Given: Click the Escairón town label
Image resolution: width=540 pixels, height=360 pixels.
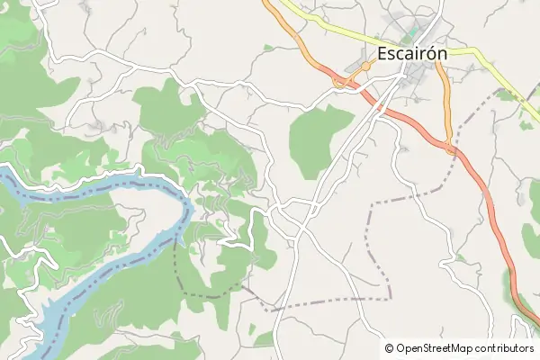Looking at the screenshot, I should (x=413, y=53).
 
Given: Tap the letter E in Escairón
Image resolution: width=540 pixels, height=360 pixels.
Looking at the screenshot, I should (x=383, y=53).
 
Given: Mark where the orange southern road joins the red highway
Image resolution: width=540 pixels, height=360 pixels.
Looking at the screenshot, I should (x=450, y=148).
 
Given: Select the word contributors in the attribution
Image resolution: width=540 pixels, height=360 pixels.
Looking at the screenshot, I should (x=508, y=348).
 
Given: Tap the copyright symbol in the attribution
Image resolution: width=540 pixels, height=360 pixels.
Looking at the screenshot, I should (x=389, y=348).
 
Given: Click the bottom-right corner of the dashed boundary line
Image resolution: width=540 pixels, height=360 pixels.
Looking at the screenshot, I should (x=390, y=297).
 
